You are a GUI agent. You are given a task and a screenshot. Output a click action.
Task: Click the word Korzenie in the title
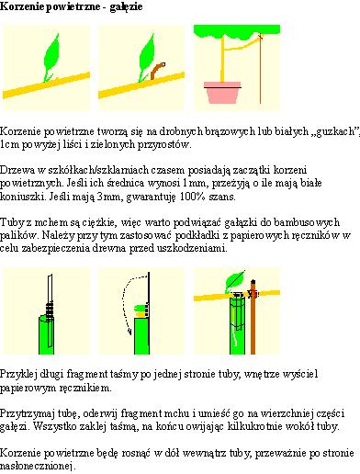(25, 6)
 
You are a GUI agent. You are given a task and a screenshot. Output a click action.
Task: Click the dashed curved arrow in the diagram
(129, 299)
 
